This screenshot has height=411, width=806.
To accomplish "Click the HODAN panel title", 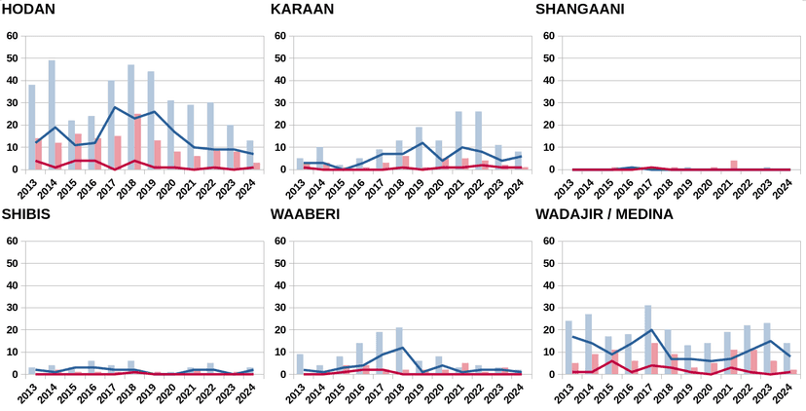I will pyautogui.click(x=28, y=10).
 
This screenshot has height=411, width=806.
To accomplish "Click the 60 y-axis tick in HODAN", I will pyautogui.click(x=13, y=36).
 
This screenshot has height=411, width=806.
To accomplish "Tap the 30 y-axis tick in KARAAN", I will pyautogui.click(x=280, y=103).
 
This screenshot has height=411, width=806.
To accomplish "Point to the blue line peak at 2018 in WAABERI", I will pyautogui.click(x=402, y=348).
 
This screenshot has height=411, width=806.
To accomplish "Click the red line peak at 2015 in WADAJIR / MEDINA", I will pyautogui.click(x=611, y=360).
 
